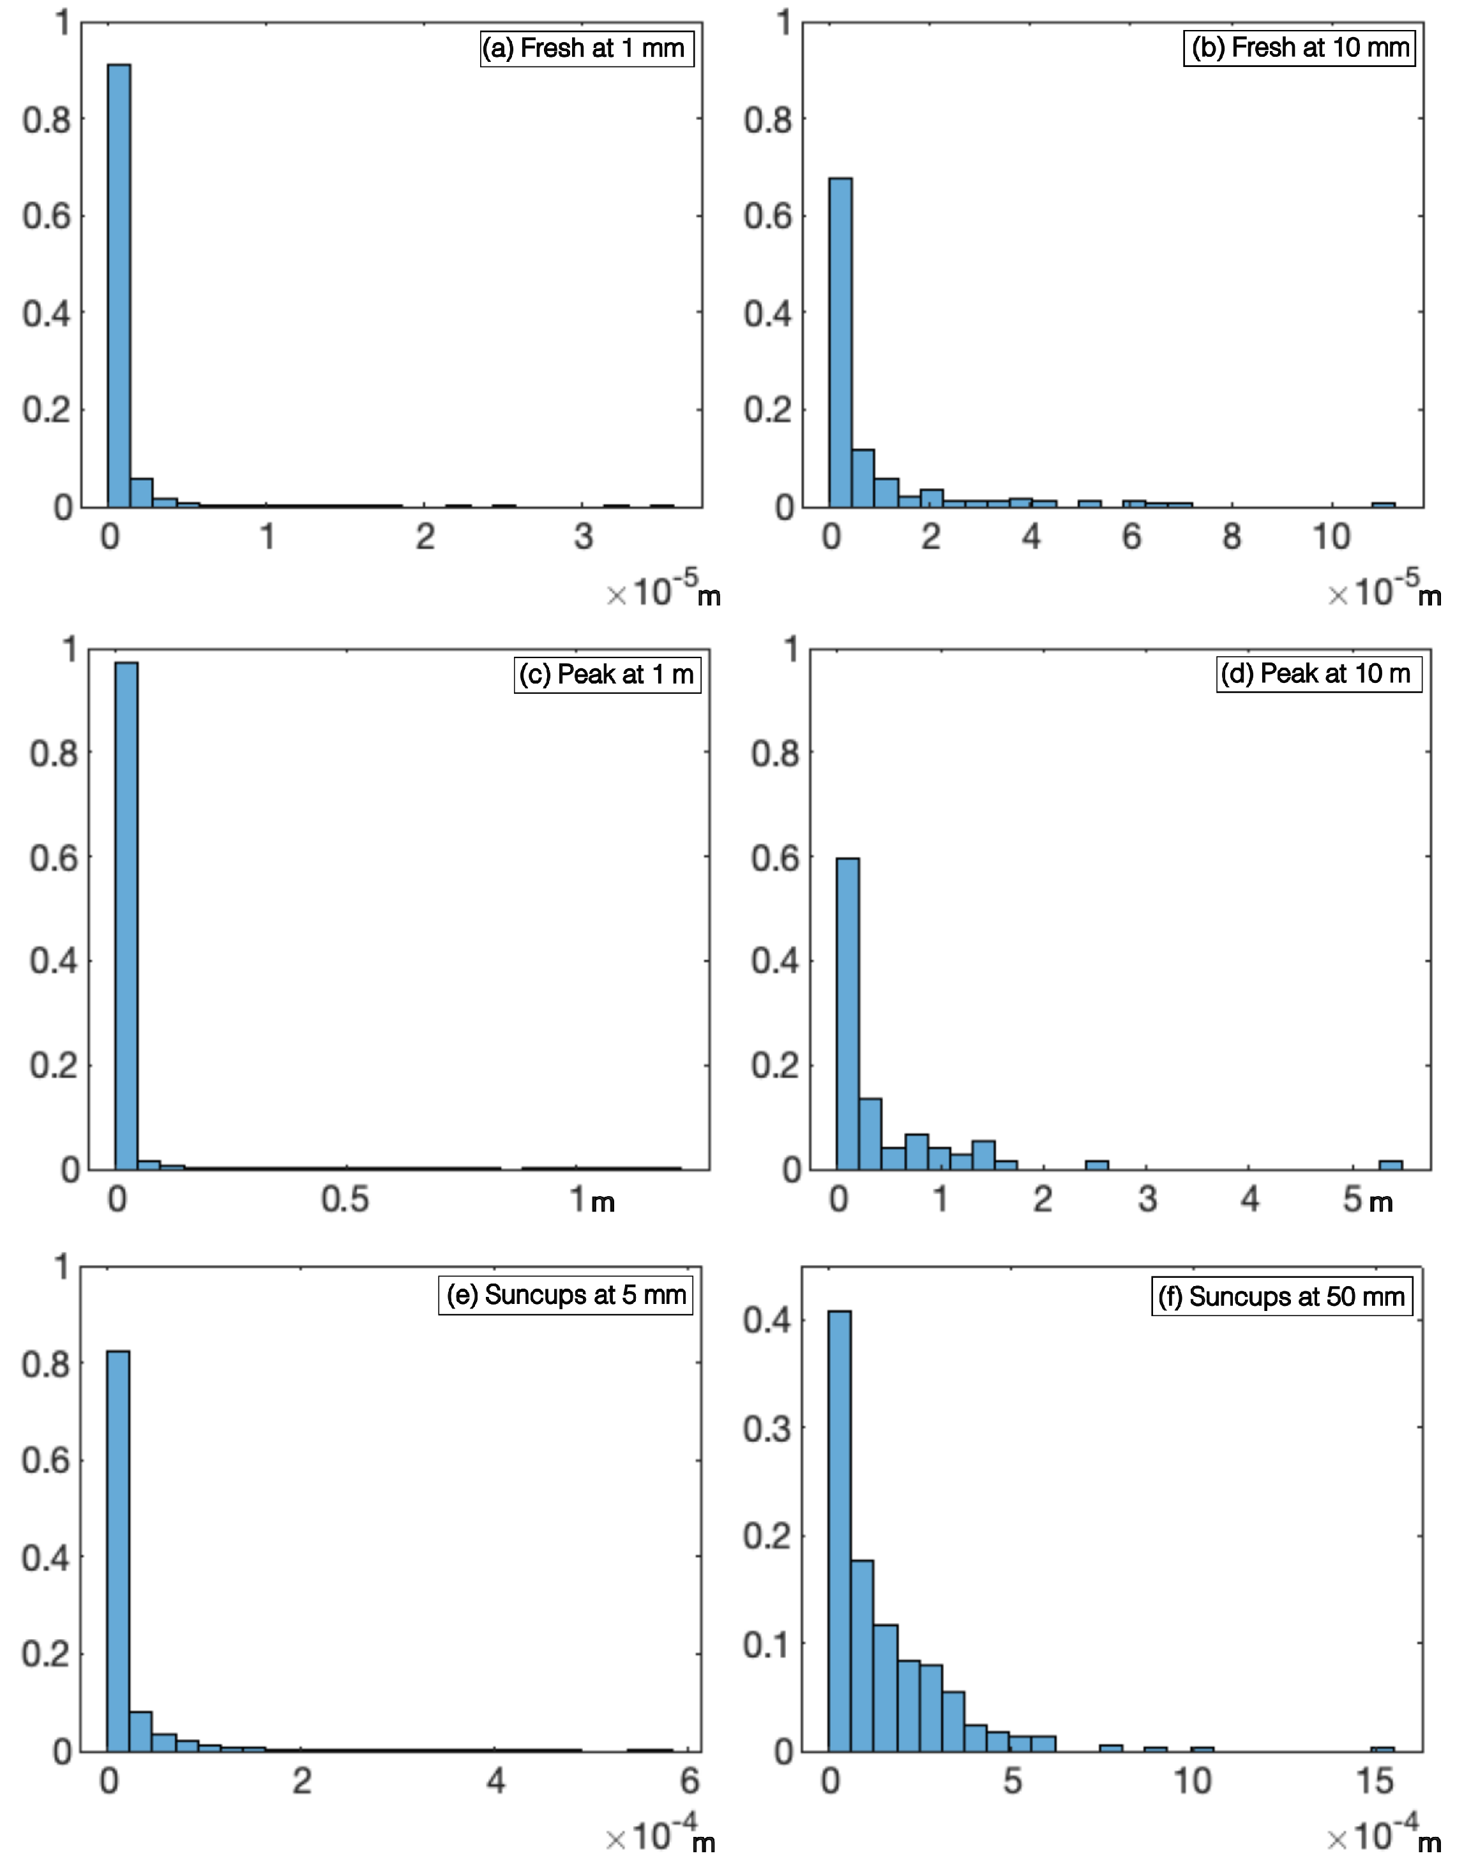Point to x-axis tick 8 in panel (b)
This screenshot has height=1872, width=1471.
pyautogui.click(x=1232, y=537)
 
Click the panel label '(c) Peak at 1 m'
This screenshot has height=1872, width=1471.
pyautogui.click(x=607, y=674)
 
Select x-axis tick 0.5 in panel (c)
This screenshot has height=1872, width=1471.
pyautogui.click(x=345, y=1199)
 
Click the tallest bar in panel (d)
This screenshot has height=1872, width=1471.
pyautogui.click(x=847, y=1014)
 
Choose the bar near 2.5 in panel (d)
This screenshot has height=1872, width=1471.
pyautogui.click(x=1096, y=1165)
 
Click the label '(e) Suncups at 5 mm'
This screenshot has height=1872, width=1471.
pyautogui.click(x=566, y=1295)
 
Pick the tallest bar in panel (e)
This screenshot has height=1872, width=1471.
pyautogui.click(x=118, y=1550)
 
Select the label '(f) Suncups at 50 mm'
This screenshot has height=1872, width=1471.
pyautogui.click(x=1281, y=1297)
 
